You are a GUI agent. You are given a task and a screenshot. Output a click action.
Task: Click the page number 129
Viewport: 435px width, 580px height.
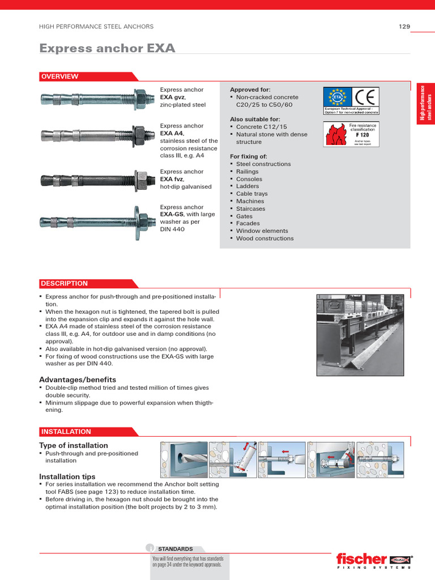pyautogui.click(x=404, y=27)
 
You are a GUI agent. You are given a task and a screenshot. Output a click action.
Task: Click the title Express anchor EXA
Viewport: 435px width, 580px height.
pyautogui.click(x=107, y=48)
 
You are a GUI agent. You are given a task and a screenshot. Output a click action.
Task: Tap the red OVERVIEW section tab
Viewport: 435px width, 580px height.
pyautogui.click(x=59, y=76)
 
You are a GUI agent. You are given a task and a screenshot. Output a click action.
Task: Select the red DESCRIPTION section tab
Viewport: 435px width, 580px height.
pyautogui.click(x=63, y=283)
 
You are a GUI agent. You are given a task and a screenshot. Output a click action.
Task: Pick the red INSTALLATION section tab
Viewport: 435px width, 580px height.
pyautogui.click(x=66, y=432)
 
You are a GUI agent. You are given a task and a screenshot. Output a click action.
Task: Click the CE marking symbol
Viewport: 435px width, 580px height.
pyautogui.click(x=366, y=97)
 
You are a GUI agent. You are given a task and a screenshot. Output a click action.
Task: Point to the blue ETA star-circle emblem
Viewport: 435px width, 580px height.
pyautogui.click(x=337, y=97)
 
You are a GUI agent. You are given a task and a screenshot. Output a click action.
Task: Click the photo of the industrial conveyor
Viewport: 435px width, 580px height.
pyautogui.click(x=360, y=334)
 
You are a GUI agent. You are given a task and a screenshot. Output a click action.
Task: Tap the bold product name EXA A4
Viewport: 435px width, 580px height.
pyautogui.click(x=172, y=133)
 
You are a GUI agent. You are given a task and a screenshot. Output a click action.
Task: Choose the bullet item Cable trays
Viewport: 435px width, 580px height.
pyautogui.click(x=251, y=194)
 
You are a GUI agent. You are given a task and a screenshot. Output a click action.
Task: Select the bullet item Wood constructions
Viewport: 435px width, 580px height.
pyautogui.click(x=265, y=238)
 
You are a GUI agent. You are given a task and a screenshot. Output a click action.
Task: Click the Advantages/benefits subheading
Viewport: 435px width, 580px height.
pyautogui.click(x=78, y=379)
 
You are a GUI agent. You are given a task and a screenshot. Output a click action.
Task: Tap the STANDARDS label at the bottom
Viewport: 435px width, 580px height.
pyautogui.click(x=175, y=549)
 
